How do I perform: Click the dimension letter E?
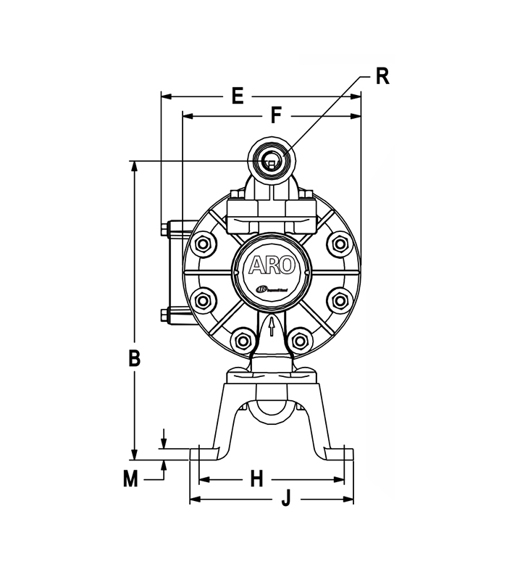pos(237,96)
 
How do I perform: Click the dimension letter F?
pos(275,115)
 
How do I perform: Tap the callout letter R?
pos(382,77)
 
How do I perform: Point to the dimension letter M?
pos(130,479)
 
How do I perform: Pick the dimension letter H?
pos(256,478)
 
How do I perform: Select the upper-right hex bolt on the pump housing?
pos(338,243)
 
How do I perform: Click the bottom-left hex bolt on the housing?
pos(242,336)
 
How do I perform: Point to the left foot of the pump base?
pos(203,454)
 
